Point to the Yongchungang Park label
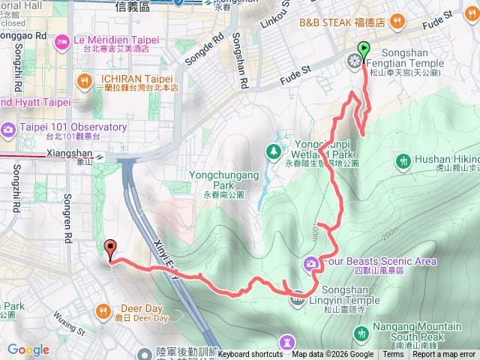point(223,180)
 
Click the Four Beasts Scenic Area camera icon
point(310,263)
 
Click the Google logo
point(28,349)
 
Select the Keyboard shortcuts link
point(250,355)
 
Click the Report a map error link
point(443,355)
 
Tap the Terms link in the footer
point(393,355)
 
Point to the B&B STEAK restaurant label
point(342,22)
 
